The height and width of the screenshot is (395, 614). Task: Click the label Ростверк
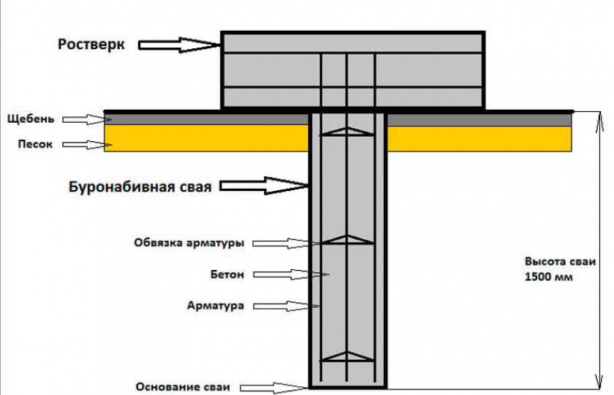click(x=91, y=45)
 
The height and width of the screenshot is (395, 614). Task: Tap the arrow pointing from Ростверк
click(x=179, y=45)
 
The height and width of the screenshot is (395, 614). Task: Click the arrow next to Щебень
click(x=85, y=118)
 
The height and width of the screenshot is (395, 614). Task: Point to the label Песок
click(x=35, y=144)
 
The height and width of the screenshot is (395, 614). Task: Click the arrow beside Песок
click(x=85, y=144)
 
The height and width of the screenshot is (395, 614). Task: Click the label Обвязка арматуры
click(x=189, y=242)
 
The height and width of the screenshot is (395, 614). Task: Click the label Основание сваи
click(x=183, y=386)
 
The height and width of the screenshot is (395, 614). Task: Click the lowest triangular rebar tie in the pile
click(x=348, y=357)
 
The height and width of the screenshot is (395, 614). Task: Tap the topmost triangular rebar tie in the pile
click(x=348, y=132)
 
